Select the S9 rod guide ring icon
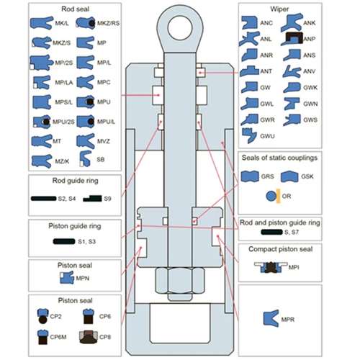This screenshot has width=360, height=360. click(91, 197)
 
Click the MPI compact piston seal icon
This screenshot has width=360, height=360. click(271, 267)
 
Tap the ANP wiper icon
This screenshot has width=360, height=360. click(291, 38)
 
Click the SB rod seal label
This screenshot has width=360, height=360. click(100, 159)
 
